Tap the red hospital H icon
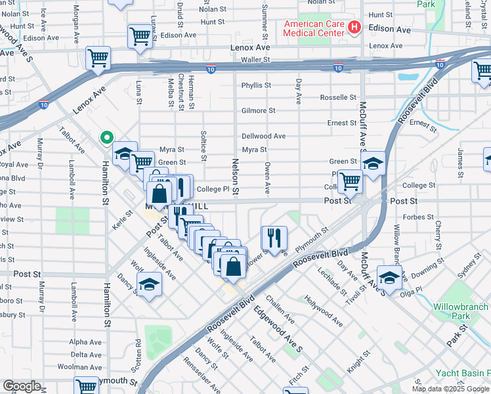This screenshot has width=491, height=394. (354, 28)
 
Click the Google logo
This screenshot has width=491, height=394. (22, 386)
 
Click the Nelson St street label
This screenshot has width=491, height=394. (235, 175)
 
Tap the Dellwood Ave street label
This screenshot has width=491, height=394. (263, 136)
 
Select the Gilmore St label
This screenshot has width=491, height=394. (258, 111)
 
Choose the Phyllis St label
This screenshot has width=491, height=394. (256, 85)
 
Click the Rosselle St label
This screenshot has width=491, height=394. (337, 97)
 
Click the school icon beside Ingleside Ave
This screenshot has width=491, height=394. (150, 284)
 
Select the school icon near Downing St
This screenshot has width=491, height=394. (389, 278)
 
